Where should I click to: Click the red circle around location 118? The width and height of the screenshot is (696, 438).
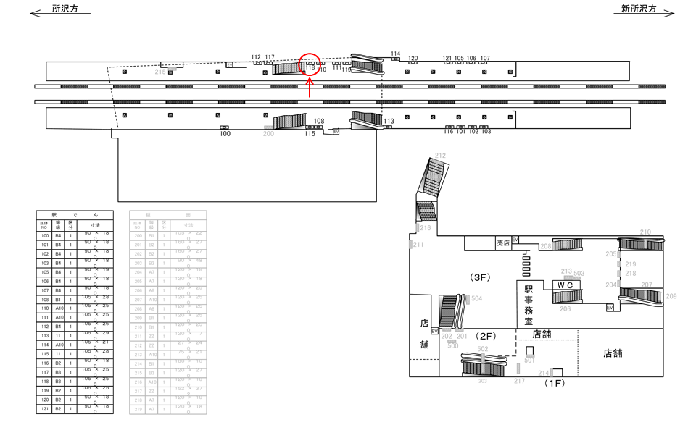coord(310,64)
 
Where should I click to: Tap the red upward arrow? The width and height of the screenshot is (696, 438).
coord(310,88)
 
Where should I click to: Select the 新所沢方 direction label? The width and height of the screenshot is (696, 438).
coord(638,9)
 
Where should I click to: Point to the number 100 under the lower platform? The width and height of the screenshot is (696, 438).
coord(225,134)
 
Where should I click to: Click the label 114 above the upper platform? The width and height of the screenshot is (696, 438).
coord(395,54)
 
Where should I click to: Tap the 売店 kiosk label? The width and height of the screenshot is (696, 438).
coord(503,243)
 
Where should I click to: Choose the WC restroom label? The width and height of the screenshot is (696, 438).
coord(565,285)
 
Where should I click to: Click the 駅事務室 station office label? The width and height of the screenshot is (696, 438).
coord(529,305)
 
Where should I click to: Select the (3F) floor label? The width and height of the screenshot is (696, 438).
coord(481,277)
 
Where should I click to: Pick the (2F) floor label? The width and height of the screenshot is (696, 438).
coord(485,336)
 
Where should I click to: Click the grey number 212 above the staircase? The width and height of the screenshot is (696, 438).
coord(440,156)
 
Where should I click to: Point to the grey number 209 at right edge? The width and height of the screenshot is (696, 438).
coord(671,296)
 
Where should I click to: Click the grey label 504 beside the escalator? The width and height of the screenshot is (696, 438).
coord(476,298)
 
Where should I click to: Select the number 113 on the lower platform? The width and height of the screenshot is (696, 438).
coord(389,121)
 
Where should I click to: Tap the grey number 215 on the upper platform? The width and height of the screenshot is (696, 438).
coord(160,72)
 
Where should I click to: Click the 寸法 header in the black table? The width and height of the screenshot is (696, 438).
coord(95,226)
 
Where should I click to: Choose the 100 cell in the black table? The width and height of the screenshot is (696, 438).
coord(45,236)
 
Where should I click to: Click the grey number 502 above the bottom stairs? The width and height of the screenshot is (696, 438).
coord(483,349)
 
